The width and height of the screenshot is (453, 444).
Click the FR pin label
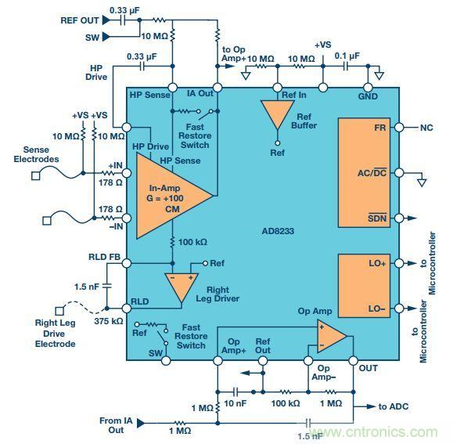[x=379, y=127]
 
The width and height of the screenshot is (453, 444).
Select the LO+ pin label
[x=377, y=264]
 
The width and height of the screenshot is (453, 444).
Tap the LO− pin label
[x=377, y=308]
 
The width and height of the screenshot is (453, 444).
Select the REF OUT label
[x=79, y=20]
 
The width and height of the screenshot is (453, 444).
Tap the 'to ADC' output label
[x=394, y=406]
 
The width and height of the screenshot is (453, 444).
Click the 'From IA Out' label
[x=113, y=426]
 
